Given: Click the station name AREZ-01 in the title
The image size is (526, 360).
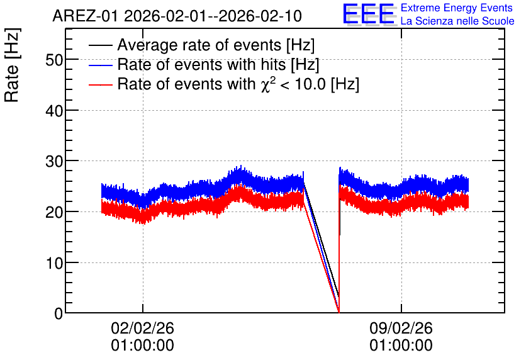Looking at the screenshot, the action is click(85, 16).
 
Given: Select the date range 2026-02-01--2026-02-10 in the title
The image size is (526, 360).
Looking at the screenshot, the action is click(213, 16).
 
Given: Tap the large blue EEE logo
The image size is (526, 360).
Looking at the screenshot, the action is click(369, 14).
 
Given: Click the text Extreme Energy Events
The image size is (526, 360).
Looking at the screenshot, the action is click(457, 8).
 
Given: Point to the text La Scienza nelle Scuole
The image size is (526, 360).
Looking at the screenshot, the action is click(457, 21).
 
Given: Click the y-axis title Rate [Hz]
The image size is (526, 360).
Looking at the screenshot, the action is click(12, 65).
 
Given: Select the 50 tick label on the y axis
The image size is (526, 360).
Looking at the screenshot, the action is click(54, 60).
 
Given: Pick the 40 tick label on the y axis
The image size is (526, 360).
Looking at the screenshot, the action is click(54, 110).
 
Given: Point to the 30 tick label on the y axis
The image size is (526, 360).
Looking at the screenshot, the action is click(54, 161).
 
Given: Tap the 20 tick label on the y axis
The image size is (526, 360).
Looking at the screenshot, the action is click(54, 212).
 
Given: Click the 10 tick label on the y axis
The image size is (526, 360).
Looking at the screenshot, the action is click(54, 263).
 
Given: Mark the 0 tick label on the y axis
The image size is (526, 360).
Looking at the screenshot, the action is click(59, 313).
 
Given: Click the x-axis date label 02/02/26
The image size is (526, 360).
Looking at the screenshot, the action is click(143, 328).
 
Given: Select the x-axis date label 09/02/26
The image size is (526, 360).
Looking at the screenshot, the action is click(401, 328).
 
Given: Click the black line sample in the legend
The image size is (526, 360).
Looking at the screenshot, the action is click(100, 45).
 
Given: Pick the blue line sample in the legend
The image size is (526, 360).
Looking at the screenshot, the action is click(100, 65).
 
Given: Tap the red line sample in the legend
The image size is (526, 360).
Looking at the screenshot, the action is click(100, 84).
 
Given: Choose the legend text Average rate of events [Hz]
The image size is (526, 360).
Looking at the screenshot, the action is click(216, 45).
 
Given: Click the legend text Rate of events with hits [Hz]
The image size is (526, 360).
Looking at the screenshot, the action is click(218, 64).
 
